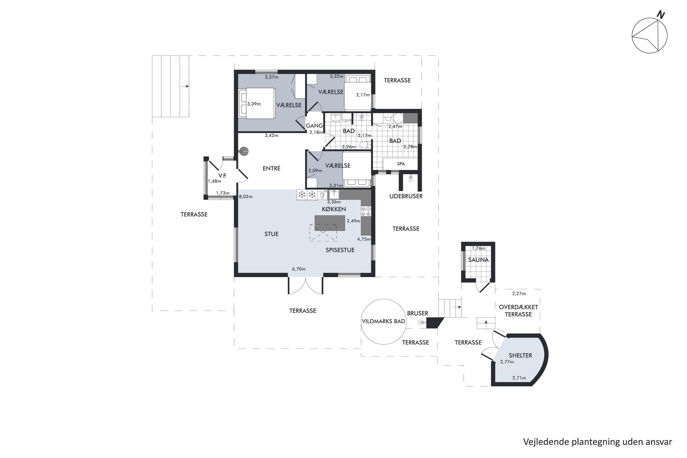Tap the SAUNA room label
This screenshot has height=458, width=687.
pyautogui.click(x=478, y=260)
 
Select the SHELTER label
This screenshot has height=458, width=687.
pyautogui.click(x=521, y=355)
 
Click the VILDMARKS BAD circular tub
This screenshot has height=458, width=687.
pyautogui.click(x=384, y=322)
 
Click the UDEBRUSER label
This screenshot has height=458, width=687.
pyautogui.click(x=406, y=196)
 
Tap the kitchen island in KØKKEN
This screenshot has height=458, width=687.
pyautogui.click(x=330, y=223)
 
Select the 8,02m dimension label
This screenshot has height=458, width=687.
pyautogui.click(x=246, y=196)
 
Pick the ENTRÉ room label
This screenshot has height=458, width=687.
pyautogui.click(x=271, y=168)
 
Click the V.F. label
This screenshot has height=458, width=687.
pyautogui.click(x=223, y=176)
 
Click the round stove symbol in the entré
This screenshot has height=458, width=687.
pyautogui.click(x=244, y=151)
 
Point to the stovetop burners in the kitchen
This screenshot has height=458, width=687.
pyautogui.click(x=366, y=211)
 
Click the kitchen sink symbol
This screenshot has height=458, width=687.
pyautogui.click(x=334, y=194)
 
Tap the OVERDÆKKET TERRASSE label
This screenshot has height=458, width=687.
pyautogui.click(x=518, y=311)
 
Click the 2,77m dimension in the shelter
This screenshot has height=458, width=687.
pyautogui.click(x=507, y=362)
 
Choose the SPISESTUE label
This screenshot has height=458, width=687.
pyautogui.click(x=340, y=250)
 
